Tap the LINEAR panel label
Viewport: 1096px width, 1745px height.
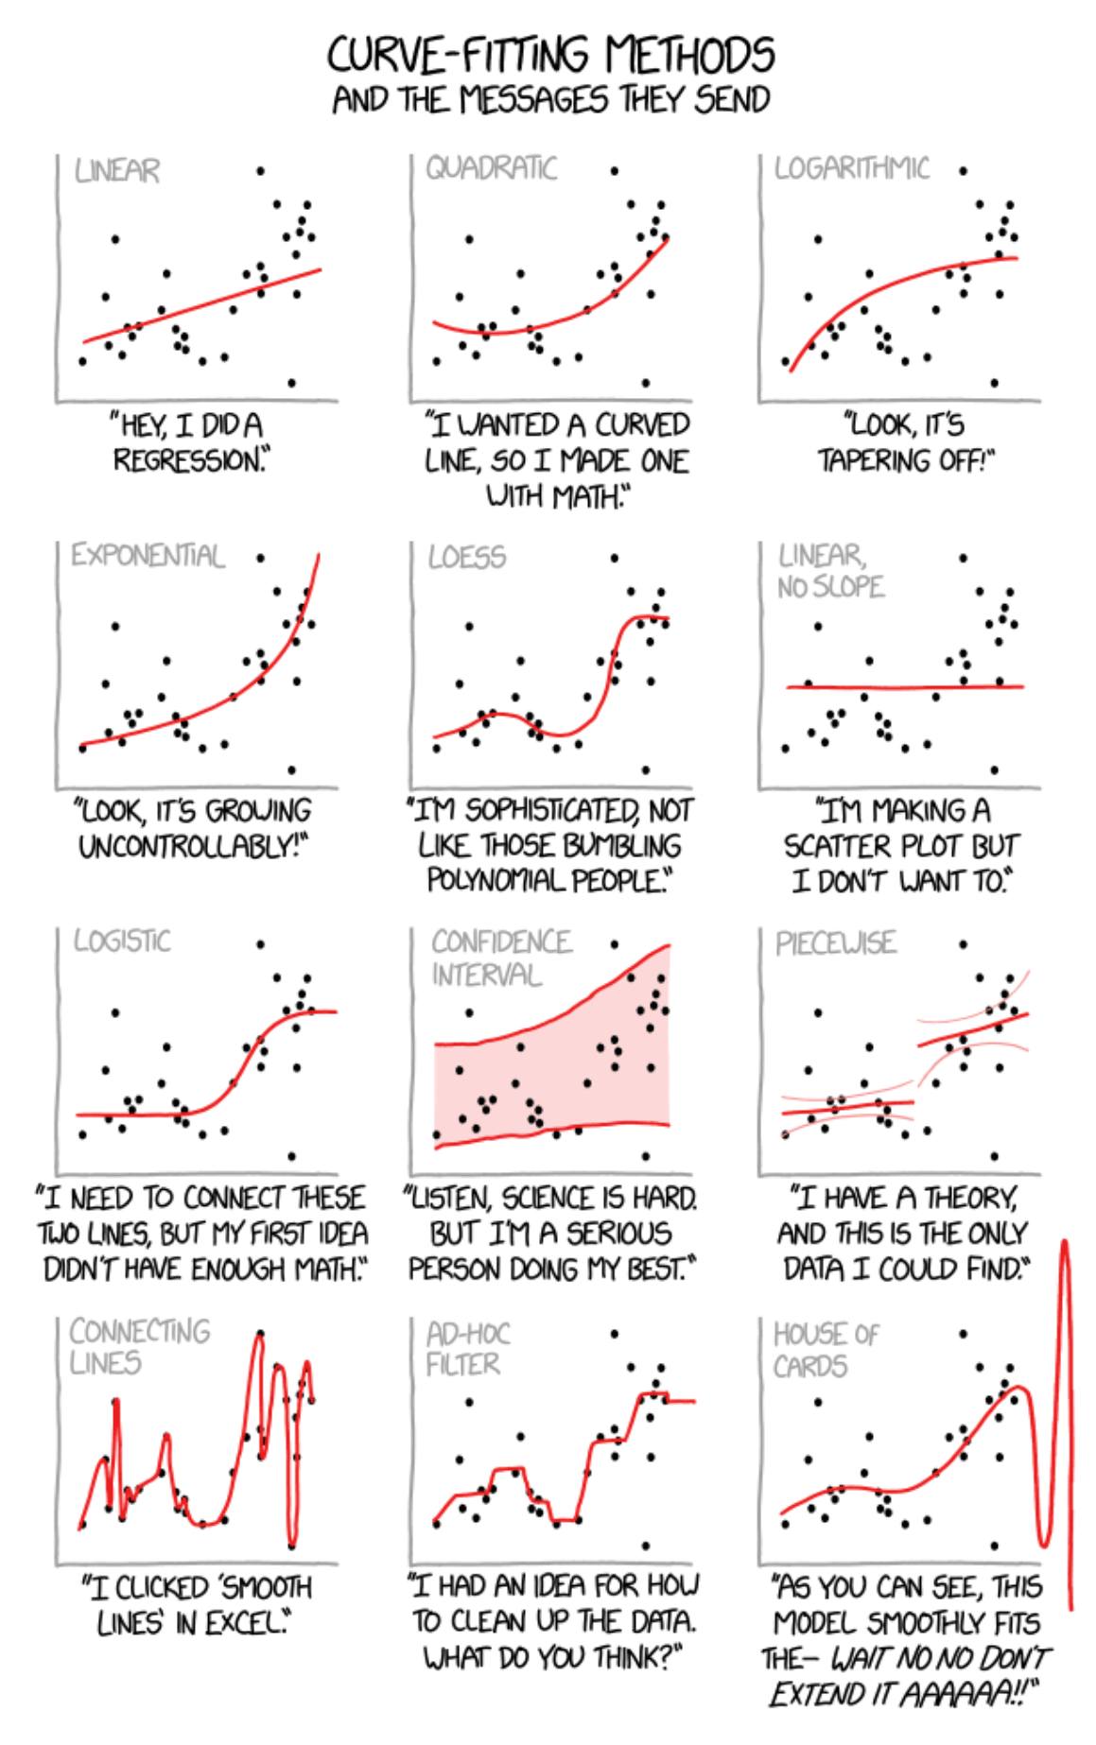pyautogui.click(x=117, y=171)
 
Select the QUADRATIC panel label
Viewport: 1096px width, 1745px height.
pyautogui.click(x=491, y=168)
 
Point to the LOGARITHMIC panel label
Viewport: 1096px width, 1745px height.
pyautogui.click(x=851, y=168)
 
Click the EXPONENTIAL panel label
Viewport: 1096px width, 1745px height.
pyautogui.click(x=148, y=555)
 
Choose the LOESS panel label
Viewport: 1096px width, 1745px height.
pyautogui.click(x=466, y=557)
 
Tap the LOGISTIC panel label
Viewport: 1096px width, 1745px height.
pyautogui.click(x=122, y=941)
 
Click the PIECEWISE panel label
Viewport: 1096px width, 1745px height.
pyautogui.click(x=835, y=943)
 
